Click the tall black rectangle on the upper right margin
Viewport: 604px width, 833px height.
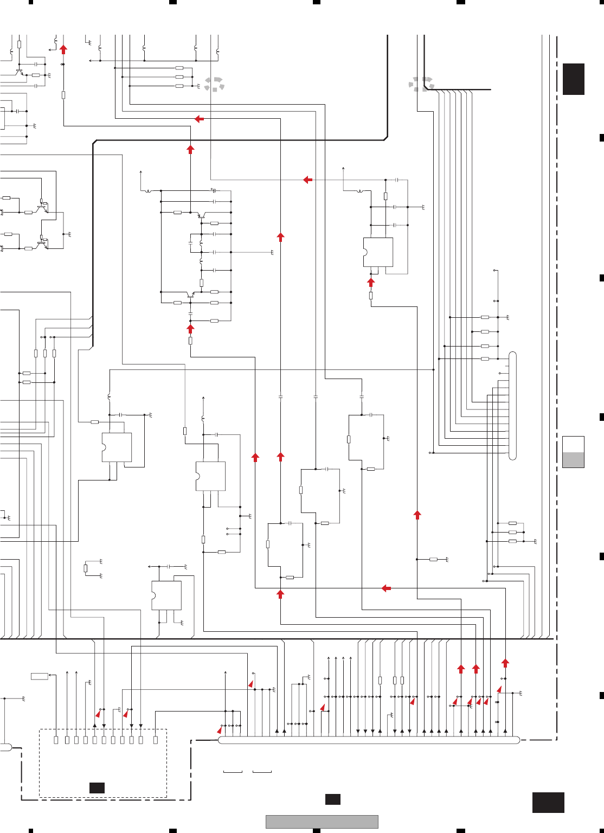coord(573,79)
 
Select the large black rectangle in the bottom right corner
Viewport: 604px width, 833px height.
coord(548,803)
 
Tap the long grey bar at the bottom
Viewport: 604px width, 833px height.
coord(322,822)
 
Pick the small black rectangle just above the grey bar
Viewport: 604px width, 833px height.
coord(333,799)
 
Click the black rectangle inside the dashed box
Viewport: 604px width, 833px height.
coord(97,788)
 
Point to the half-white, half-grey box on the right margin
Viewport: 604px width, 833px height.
coord(573,452)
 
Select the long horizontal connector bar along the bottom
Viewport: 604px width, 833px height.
coord(369,740)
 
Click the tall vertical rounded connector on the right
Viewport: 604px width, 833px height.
coord(513,406)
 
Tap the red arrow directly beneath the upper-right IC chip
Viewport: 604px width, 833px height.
coord(371,282)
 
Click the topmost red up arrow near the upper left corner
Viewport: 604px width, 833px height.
coord(63,49)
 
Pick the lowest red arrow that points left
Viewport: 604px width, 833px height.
coord(386,588)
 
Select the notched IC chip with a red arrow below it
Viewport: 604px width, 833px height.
coord(378,252)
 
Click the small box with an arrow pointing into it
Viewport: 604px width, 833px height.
coord(40,676)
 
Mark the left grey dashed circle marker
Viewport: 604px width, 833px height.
coord(214,84)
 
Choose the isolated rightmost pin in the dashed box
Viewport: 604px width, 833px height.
coord(156,740)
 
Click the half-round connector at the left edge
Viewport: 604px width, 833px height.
coord(5,747)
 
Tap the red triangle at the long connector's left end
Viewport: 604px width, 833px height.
coord(220,731)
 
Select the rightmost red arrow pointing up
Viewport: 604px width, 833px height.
coord(505,663)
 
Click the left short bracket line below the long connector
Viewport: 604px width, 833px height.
coord(233,772)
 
